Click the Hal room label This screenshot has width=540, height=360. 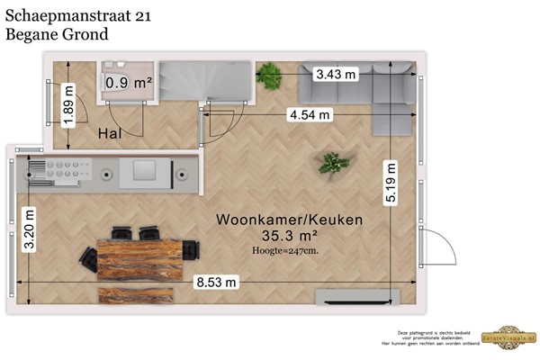pos(110,133)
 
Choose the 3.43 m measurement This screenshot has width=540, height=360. pos(335,76)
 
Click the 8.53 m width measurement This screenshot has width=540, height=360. pos(217,282)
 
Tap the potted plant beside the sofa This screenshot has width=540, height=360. pos(269,75)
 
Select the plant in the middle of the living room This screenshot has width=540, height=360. pos(334,164)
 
